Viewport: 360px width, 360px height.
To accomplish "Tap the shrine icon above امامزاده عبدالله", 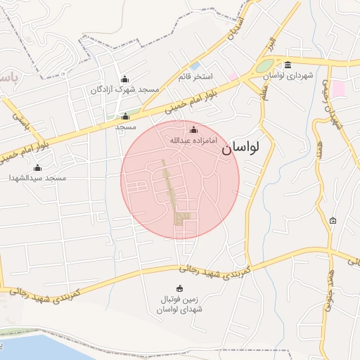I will pyautogui.click(x=194, y=129).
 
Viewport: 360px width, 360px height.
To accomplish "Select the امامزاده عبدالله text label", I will pyautogui.click(x=194, y=141).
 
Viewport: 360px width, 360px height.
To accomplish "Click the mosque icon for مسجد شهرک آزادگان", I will pyautogui.click(x=125, y=79).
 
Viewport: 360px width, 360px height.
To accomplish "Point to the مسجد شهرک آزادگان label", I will pyautogui.click(x=125, y=90).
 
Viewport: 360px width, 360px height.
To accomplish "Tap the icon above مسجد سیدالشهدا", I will pyautogui.click(x=37, y=167).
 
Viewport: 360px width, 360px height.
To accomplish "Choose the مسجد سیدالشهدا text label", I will pyautogui.click(x=37, y=179).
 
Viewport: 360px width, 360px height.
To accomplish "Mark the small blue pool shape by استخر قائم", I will pyautogui.click(x=194, y=65).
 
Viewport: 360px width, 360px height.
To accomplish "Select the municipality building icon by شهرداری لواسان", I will pyautogui.click(x=288, y=65).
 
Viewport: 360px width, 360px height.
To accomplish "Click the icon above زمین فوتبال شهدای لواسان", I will pyautogui.click(x=179, y=288).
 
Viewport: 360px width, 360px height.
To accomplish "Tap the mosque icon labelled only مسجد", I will pyautogui.click(x=125, y=117).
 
